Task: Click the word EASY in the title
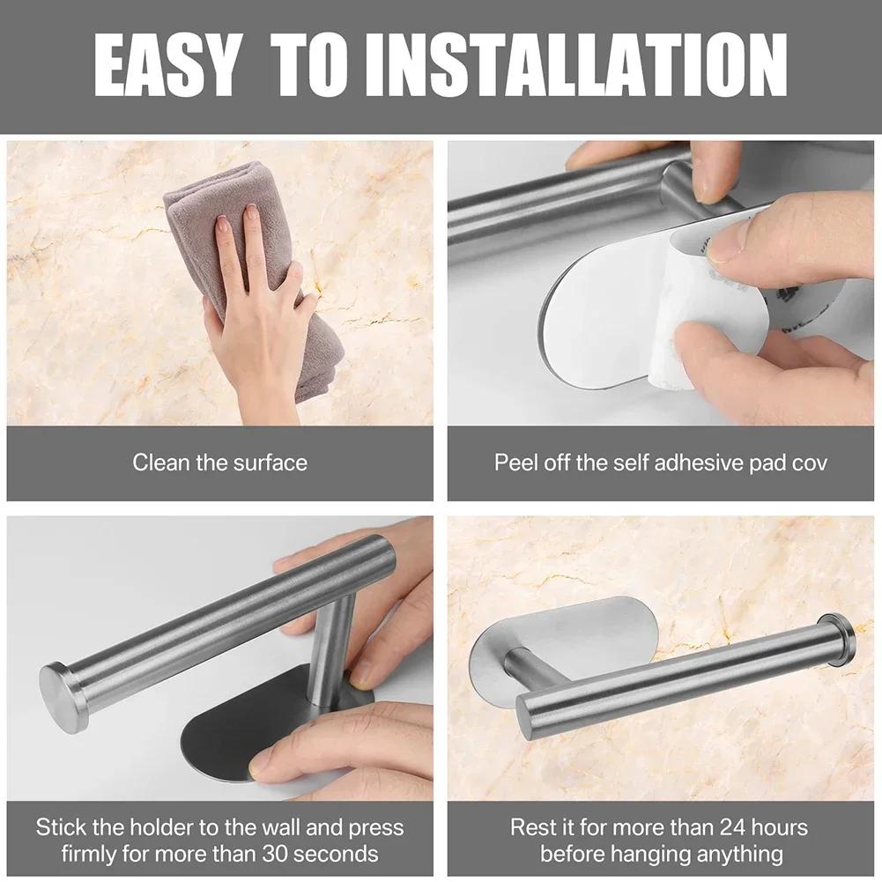[165, 66]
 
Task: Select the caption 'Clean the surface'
[219, 463]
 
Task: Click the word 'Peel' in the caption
[514, 463]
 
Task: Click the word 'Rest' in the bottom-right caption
[531, 827]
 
